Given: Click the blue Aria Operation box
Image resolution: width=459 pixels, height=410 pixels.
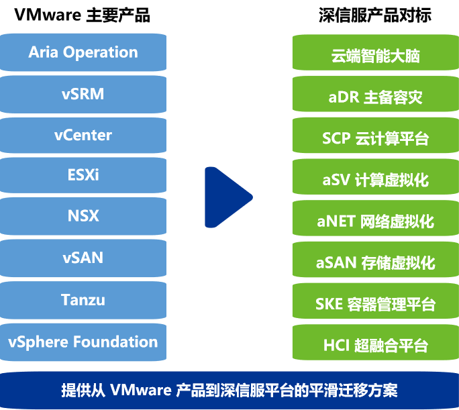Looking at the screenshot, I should (x=83, y=52).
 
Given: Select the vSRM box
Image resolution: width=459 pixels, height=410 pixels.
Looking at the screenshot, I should (x=83, y=94).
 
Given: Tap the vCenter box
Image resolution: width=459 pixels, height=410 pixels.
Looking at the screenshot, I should (x=83, y=135).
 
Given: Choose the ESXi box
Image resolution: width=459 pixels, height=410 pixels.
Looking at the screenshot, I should (x=83, y=176).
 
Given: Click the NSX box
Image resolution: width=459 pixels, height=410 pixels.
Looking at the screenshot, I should (x=83, y=216).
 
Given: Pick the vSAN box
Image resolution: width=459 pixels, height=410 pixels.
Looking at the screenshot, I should (x=83, y=258).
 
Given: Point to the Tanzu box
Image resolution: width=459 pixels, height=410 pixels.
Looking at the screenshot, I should (x=83, y=299).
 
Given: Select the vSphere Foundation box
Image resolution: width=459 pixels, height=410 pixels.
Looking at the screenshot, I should (x=83, y=342).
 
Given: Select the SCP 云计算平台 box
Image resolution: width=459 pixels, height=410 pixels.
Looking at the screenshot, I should (x=375, y=139).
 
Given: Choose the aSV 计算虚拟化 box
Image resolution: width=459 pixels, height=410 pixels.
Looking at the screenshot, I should (x=375, y=180).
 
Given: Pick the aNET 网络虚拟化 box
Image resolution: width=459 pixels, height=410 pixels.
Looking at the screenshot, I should (x=375, y=221).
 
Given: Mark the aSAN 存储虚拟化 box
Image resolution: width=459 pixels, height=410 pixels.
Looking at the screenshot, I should (x=375, y=262).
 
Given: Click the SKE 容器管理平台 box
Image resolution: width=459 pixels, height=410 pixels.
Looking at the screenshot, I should (x=375, y=304).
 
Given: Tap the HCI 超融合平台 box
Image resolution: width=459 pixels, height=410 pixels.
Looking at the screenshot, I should (x=375, y=346).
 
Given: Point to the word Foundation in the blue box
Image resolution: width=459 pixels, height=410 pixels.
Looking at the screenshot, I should (x=115, y=342).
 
